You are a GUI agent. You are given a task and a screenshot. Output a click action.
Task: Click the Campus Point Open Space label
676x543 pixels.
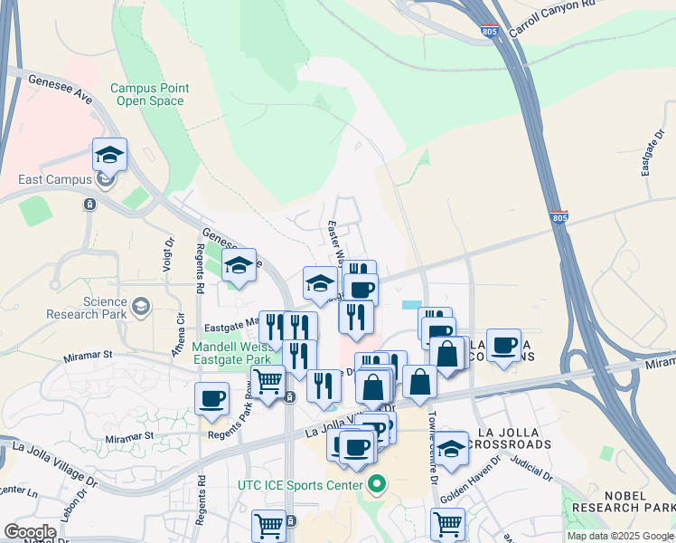click(149, 94)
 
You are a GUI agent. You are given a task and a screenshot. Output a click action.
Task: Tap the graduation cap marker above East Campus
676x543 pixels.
click(109, 156)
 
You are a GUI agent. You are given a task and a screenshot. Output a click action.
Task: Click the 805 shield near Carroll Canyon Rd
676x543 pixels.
click(490, 32)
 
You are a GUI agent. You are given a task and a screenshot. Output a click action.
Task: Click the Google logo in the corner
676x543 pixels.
click(30, 532)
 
